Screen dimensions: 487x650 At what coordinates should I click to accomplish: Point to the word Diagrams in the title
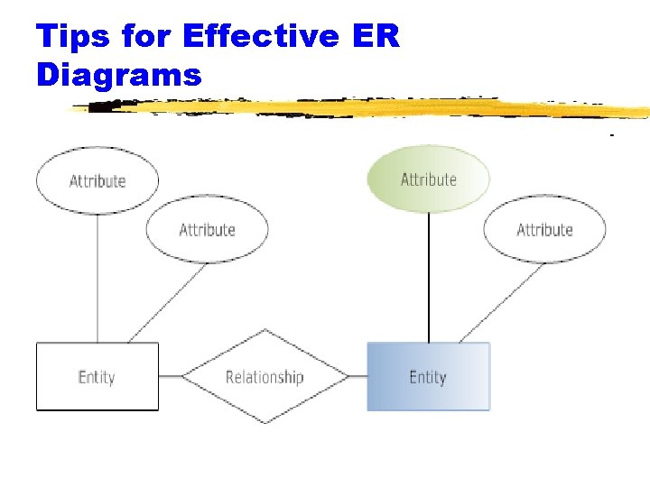coord(118,74)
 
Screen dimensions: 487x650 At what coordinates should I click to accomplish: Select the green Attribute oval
coord(428,179)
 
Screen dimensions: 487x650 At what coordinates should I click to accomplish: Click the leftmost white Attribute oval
coord(97,180)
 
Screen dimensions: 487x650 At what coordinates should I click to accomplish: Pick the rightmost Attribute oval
coord(544,230)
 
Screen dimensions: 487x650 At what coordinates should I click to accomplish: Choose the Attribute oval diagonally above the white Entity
coord(207,230)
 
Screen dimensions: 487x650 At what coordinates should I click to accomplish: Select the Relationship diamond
coord(265,377)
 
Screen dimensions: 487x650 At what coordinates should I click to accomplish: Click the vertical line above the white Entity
coord(97,280)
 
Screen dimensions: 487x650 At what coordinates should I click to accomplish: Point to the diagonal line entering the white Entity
coord(167,303)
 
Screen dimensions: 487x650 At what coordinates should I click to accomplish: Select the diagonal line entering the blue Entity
coord(501,303)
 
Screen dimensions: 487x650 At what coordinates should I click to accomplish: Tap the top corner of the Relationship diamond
coord(265,330)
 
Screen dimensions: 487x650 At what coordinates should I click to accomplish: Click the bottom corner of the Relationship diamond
coord(265,423)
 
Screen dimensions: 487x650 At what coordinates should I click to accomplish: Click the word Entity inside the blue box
coord(428,377)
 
